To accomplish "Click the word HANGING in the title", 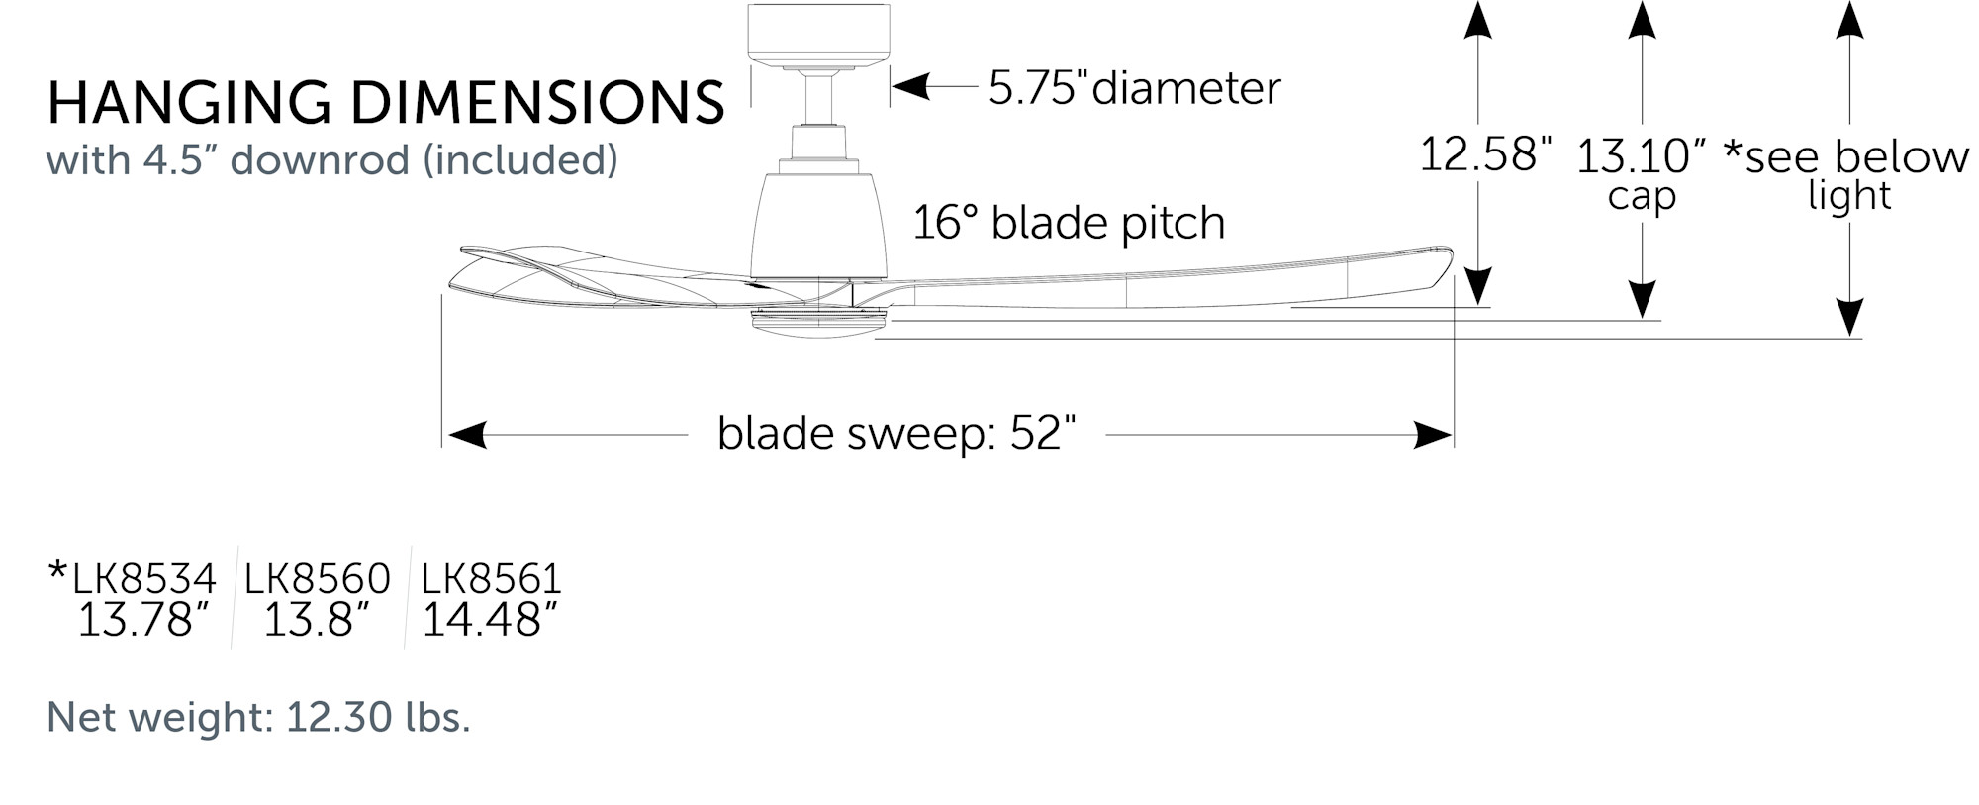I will pyautogui.click(x=188, y=103).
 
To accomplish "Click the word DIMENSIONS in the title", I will pyautogui.click(x=537, y=103).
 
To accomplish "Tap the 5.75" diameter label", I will pyautogui.click(x=1134, y=88).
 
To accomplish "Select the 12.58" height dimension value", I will pyautogui.click(x=1484, y=154).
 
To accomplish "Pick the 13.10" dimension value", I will pyautogui.click(x=1641, y=156).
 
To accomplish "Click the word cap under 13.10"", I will pyautogui.click(x=1642, y=196).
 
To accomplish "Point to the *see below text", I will pyautogui.click(x=1846, y=156).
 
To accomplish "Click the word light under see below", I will pyautogui.click(x=1848, y=196).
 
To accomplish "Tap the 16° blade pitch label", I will pyautogui.click(x=1068, y=223).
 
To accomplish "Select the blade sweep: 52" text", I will pyautogui.click(x=895, y=434).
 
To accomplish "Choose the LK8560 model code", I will pyautogui.click(x=317, y=579).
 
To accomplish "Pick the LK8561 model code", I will pyautogui.click(x=491, y=579).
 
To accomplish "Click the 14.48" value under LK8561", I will pyautogui.click(x=489, y=621).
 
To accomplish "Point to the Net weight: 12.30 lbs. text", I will pyautogui.click(x=258, y=717).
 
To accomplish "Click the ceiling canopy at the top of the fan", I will pyautogui.click(x=818, y=34).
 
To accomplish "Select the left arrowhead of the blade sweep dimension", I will pyautogui.click(x=466, y=435).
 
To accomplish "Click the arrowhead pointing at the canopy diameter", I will pyautogui.click(x=909, y=87).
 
